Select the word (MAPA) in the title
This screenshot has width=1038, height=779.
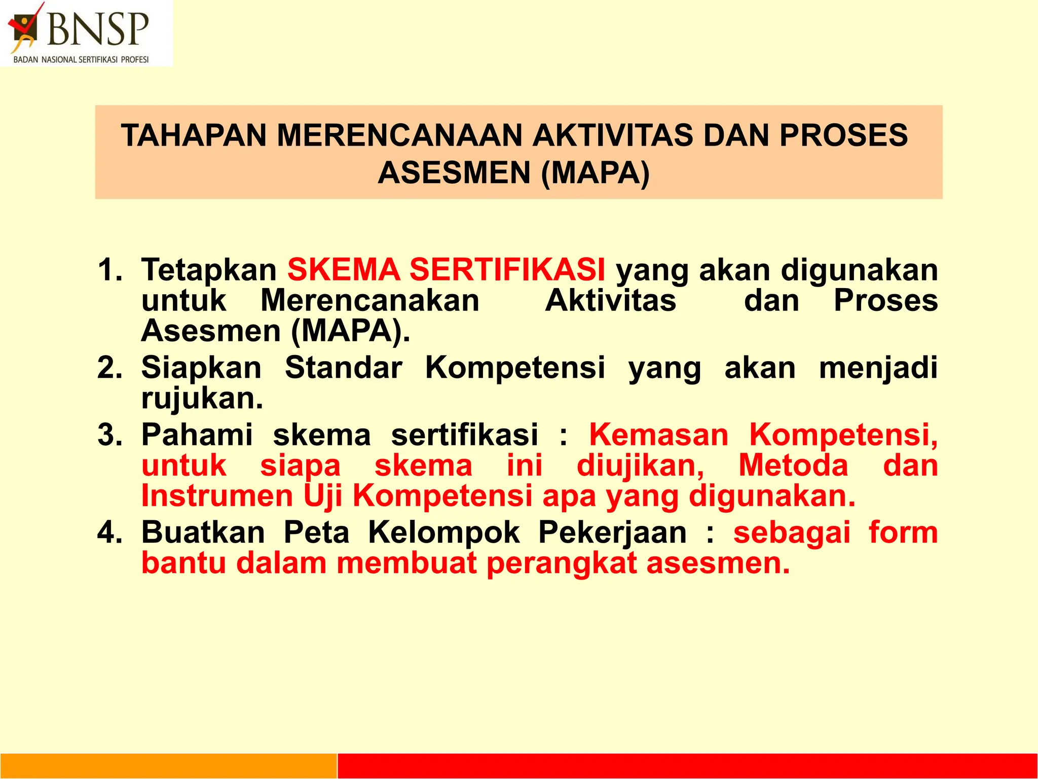[595, 173]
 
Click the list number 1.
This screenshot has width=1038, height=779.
[109, 269]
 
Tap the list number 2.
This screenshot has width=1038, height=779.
[109, 367]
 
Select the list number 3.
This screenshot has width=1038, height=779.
[109, 435]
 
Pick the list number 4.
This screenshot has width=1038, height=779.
[109, 533]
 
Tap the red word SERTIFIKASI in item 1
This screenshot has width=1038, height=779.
[507, 269]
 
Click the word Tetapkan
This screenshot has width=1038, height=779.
[208, 270]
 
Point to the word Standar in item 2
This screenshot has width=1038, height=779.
[344, 367]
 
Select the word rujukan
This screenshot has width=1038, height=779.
[202, 399]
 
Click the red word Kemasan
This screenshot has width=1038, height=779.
[658, 435]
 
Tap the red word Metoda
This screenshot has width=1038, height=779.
[793, 465]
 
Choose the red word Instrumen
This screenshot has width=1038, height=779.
[217, 495]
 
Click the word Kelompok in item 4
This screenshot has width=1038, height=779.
[443, 533]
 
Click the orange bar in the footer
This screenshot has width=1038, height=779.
[168, 766]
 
